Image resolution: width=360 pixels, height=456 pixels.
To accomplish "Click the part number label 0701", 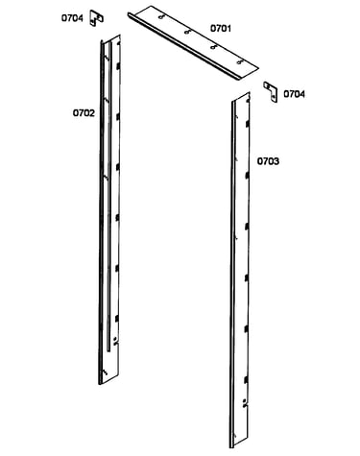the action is pos(221,28).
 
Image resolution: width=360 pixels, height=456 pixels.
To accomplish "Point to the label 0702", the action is pos(84,113).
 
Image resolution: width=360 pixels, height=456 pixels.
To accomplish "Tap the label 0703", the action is pos(268,161).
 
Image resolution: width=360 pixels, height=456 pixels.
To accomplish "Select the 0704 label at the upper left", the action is pos(72,18).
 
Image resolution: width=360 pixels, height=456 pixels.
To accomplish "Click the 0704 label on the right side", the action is pos(295,94).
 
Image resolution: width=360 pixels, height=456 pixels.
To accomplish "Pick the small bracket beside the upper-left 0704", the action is pos(96,18).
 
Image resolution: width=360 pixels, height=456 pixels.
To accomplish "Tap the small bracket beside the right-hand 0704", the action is pos(271,92).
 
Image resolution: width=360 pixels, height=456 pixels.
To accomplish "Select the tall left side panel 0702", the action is pos(109,209).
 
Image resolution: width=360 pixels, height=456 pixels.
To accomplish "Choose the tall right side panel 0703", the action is pos(240,271).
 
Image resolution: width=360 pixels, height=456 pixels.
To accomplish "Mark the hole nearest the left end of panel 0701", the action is pos(161,16).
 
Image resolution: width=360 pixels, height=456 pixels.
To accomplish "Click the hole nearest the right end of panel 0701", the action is pos(240,61).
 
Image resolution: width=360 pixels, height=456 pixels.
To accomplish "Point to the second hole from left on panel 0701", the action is pos(187,32).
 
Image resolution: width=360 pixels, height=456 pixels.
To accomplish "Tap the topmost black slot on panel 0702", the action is pos(118,66).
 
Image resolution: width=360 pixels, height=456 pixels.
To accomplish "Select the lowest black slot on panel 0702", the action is pos(117,319).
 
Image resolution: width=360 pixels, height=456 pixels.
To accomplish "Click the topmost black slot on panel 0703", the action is pos(247,124).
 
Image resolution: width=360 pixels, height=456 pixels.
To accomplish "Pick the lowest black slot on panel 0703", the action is pos(246,380).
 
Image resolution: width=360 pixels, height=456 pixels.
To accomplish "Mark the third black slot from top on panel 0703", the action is pos(247,227).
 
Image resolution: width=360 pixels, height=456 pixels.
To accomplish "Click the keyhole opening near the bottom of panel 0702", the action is pos(115,341).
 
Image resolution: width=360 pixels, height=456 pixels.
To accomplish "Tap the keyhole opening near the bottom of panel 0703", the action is pos(245,402).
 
